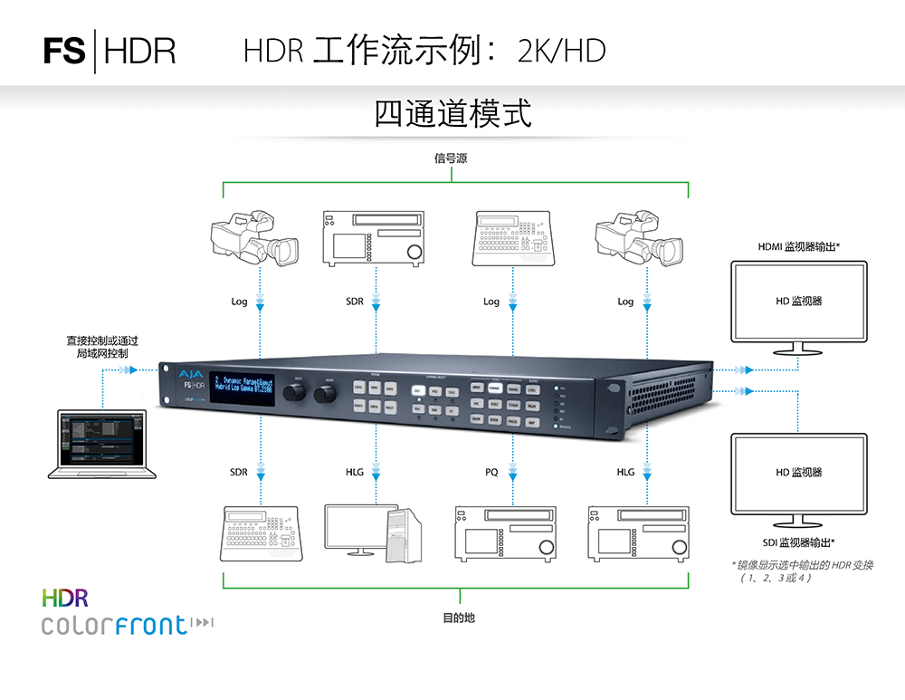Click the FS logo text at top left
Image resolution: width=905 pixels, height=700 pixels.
click(63, 51)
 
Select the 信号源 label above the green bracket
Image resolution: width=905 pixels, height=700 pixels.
click(451, 158)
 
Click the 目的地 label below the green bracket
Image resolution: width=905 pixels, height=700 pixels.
click(458, 618)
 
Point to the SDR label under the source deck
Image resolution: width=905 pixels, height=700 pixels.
click(355, 302)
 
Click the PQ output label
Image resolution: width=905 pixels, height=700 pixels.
click(491, 473)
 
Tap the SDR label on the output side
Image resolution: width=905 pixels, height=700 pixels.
click(238, 473)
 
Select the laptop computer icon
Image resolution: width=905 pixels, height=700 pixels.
click(102, 444)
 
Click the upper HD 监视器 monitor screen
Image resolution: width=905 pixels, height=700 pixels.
click(798, 301)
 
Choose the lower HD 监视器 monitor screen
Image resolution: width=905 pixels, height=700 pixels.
click(798, 473)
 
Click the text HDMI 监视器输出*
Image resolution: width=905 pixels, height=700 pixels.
click(799, 246)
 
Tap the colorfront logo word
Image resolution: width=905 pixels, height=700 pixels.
click(114, 625)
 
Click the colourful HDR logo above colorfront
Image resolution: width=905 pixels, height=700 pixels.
click(65, 597)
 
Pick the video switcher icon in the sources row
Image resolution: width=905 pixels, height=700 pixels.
click(512, 237)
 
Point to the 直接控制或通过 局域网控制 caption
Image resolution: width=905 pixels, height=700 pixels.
click(102, 348)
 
